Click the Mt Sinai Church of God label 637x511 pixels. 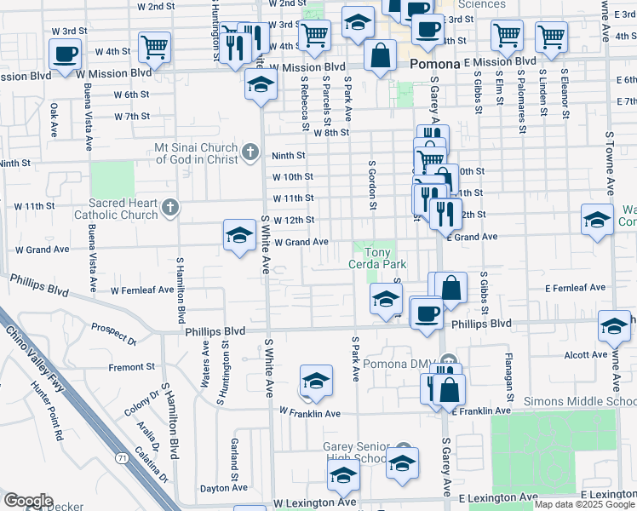point(196,153)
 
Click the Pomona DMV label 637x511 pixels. point(400,364)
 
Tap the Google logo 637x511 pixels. point(28,501)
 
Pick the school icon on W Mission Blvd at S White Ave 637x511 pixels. point(261,85)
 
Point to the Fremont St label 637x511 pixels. point(132,367)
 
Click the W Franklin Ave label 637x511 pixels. point(310,413)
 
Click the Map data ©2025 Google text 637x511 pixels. point(584,504)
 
